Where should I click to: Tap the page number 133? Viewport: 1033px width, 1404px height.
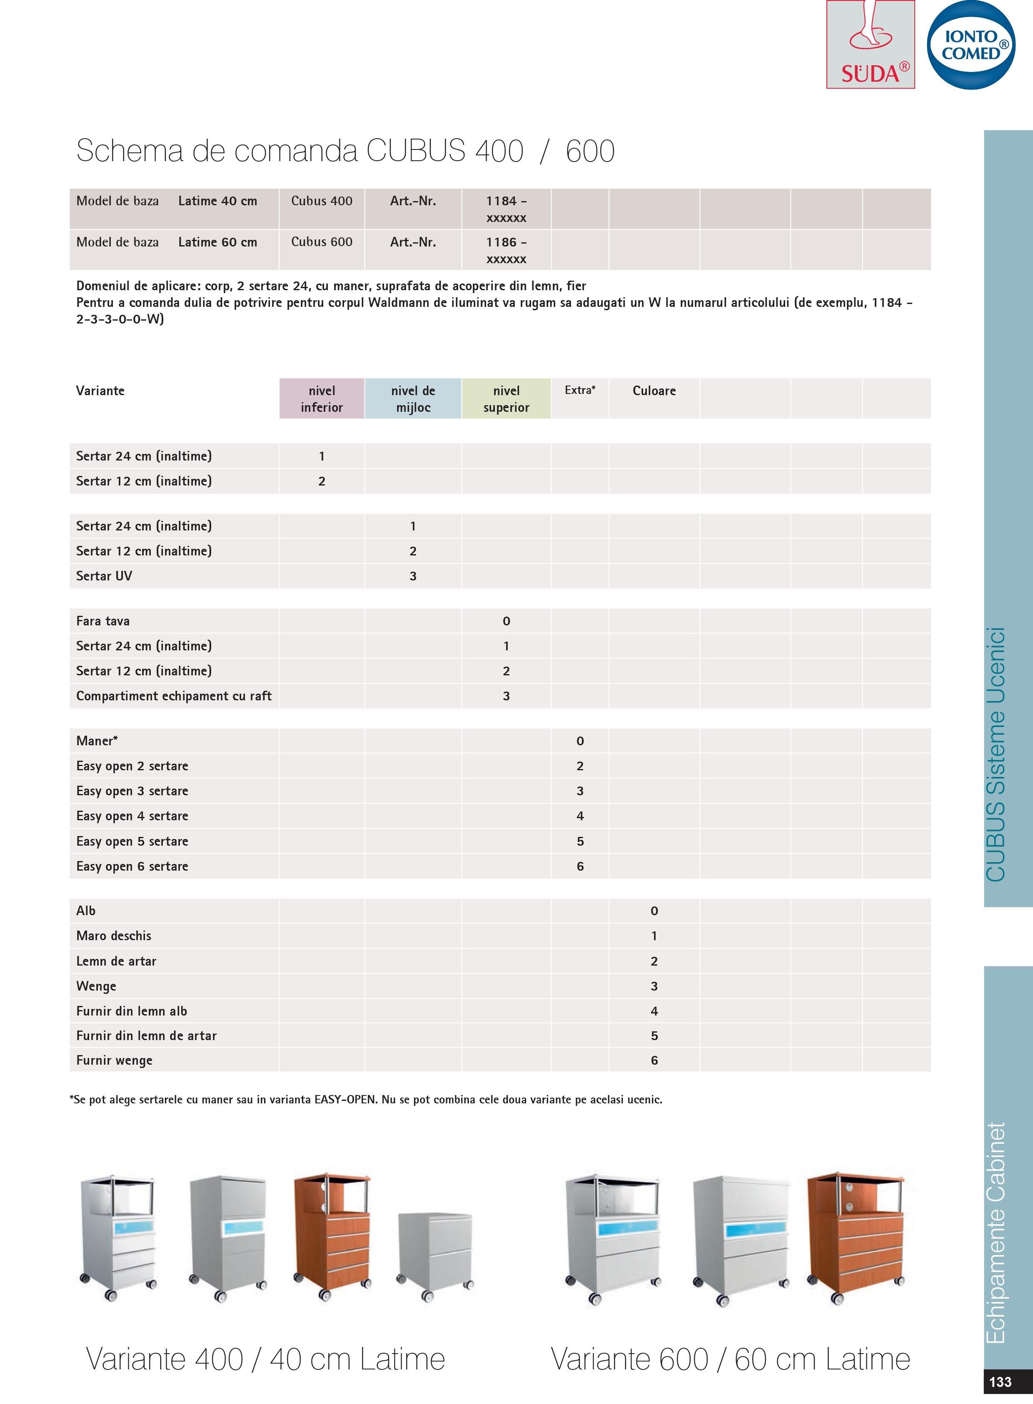click(1001, 1381)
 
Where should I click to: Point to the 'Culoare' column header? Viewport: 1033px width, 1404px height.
click(654, 391)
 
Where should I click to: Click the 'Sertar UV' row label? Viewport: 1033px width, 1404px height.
click(105, 576)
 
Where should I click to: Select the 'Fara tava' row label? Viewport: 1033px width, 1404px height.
click(103, 621)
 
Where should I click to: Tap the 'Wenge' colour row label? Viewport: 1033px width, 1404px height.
click(96, 986)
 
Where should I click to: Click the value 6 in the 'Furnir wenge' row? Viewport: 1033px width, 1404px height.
click(654, 1060)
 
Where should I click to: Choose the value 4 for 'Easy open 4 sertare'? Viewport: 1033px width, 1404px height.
click(580, 816)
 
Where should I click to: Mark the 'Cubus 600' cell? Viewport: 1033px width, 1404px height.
click(322, 242)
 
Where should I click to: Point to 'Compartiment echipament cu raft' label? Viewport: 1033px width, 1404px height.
click(174, 696)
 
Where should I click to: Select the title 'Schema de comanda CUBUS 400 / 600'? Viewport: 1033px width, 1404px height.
click(345, 151)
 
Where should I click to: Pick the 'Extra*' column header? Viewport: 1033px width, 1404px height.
click(580, 390)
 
